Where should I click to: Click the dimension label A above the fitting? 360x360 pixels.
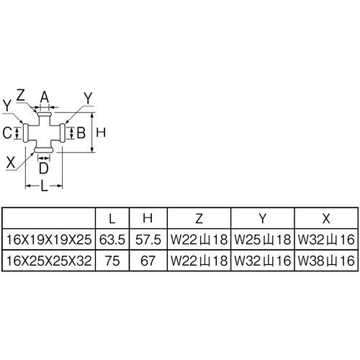click(x=45, y=97)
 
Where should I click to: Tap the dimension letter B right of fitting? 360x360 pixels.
click(x=81, y=132)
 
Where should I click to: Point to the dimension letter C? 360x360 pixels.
click(x=7, y=132)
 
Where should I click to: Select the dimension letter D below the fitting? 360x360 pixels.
click(x=44, y=168)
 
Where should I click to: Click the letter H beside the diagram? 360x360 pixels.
click(x=101, y=132)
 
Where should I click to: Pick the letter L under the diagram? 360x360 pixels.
click(x=45, y=186)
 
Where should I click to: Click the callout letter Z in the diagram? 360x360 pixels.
click(x=21, y=95)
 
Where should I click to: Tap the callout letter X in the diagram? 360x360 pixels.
click(x=11, y=163)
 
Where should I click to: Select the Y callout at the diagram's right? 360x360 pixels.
click(x=88, y=99)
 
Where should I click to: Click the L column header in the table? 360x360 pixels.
click(x=112, y=218)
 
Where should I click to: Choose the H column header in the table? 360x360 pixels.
click(x=148, y=218)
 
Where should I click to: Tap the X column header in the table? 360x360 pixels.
click(x=326, y=218)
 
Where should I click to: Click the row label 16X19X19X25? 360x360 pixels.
click(x=49, y=240)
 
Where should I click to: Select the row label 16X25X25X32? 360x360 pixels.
click(x=49, y=261)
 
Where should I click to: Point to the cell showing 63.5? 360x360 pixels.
click(x=112, y=240)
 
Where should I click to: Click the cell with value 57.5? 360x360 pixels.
click(x=148, y=240)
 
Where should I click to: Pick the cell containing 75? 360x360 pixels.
click(x=112, y=261)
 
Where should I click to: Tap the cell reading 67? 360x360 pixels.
click(x=148, y=261)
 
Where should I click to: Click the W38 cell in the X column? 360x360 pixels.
click(x=326, y=261)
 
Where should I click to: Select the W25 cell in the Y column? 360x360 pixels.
click(x=263, y=240)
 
